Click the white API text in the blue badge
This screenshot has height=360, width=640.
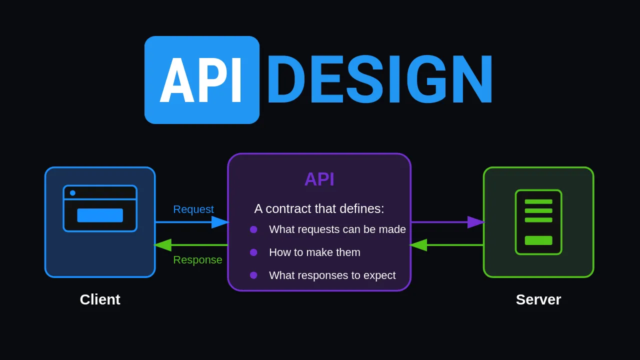201,80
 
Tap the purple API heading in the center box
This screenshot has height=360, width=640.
319,179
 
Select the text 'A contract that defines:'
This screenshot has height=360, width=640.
319,208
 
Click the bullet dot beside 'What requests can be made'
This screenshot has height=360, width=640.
253,229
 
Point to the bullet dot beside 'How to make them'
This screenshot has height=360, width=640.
253,252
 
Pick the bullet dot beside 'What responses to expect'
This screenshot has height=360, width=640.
253,275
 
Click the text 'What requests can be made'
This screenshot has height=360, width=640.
337,229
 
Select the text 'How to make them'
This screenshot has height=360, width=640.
314,252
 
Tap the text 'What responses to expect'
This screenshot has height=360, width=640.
332,275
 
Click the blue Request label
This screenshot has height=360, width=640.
193,209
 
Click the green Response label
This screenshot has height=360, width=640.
197,260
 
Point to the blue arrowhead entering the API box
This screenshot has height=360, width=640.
220,222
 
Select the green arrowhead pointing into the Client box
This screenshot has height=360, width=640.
162,245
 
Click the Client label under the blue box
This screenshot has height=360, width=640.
100,299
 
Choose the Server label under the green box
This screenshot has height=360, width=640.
538,299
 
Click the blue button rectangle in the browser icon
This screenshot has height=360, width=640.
100,215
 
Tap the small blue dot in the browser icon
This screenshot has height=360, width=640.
72,193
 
